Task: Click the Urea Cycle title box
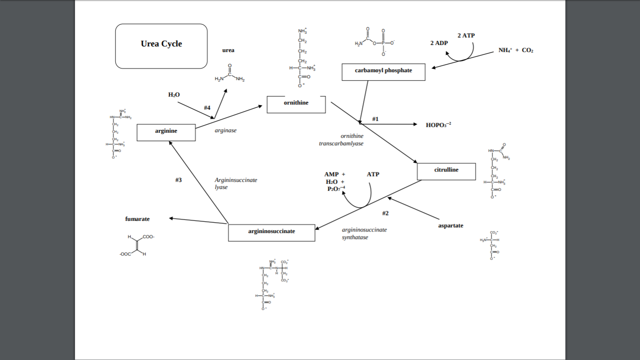coord(161,46)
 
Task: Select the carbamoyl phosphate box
coord(383,72)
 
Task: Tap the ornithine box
coord(296,104)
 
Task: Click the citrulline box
coord(446,171)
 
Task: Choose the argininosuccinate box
coord(271,232)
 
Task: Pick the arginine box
coord(166,132)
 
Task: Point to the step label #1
coord(375,119)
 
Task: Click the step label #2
coord(385,213)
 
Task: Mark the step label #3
coord(179,180)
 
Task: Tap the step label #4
coord(207,108)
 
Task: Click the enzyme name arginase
coord(225,130)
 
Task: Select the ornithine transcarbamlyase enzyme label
coord(341,140)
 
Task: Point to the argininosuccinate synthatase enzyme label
coord(364,233)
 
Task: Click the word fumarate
coord(137,219)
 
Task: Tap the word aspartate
coord(450,225)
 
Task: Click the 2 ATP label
coord(466,36)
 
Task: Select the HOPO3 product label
coord(438,125)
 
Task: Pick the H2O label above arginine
coord(174,95)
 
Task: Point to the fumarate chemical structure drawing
coord(137,246)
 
